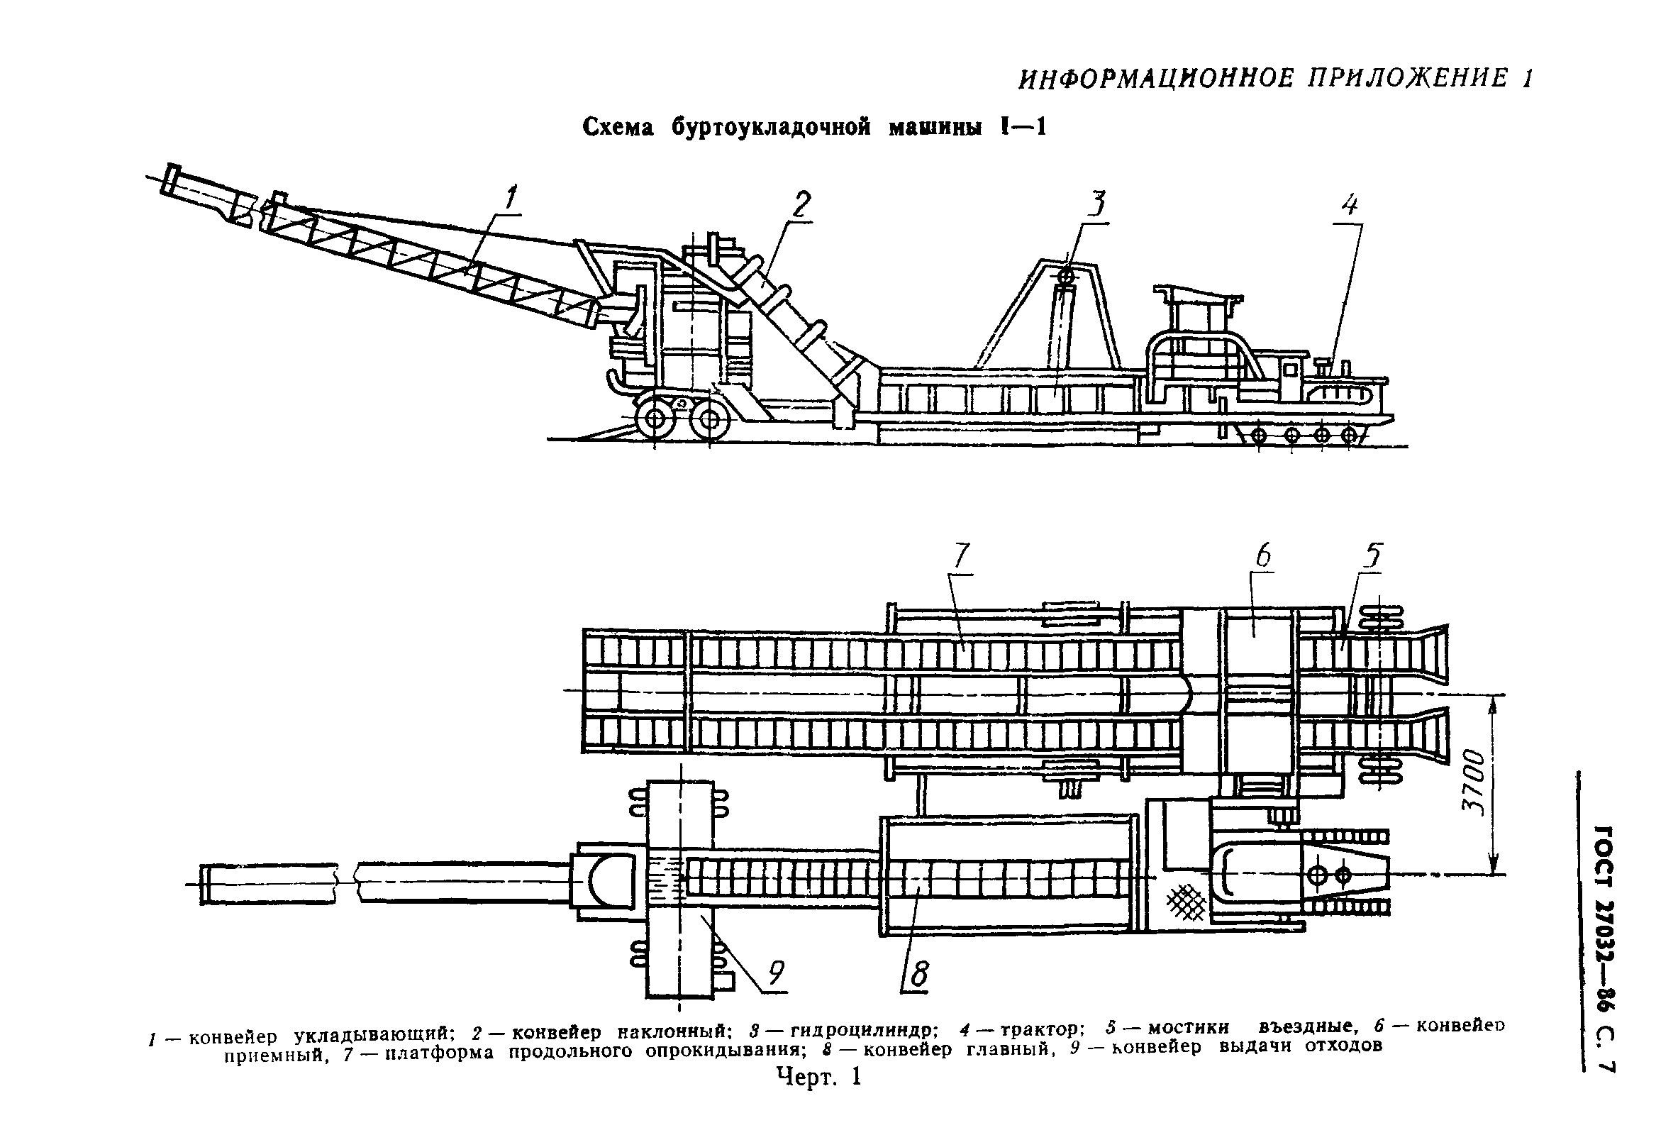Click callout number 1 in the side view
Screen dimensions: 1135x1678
coord(511,197)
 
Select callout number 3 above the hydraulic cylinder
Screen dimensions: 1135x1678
coord(1096,204)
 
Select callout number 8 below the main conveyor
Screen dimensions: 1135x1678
coord(919,975)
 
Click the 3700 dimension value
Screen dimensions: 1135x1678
coord(1474,783)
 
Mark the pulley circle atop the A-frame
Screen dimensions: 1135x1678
coord(1066,276)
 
